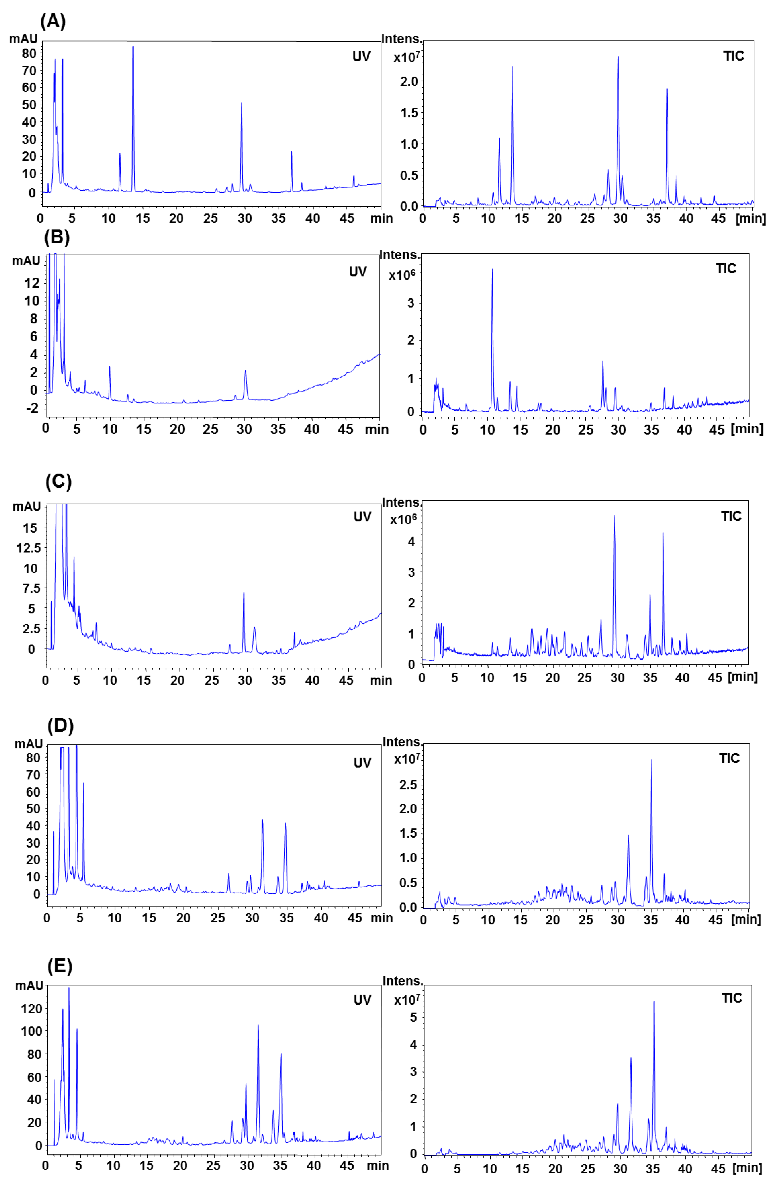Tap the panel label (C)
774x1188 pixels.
[x=58, y=482]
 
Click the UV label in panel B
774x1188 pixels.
[x=358, y=272]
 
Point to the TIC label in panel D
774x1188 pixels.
[x=729, y=759]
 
